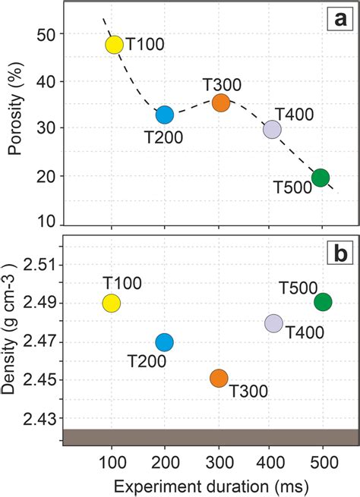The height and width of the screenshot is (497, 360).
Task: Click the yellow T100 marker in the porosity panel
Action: (x=113, y=45)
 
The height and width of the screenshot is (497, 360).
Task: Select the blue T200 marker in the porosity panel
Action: (x=165, y=115)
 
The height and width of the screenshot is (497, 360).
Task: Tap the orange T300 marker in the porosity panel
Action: (x=221, y=102)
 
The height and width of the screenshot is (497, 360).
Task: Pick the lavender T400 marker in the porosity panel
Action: (x=272, y=130)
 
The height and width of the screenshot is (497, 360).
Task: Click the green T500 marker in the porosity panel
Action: (x=321, y=178)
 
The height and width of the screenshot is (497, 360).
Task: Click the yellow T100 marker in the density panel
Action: (x=112, y=304)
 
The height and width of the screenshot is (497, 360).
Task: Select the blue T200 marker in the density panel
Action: (x=165, y=342)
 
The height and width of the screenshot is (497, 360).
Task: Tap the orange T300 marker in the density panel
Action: (x=219, y=378)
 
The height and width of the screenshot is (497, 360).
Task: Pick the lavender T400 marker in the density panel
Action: (x=273, y=323)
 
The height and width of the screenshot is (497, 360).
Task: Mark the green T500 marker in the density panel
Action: (x=323, y=302)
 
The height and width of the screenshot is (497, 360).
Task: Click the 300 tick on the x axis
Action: (x=219, y=461)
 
